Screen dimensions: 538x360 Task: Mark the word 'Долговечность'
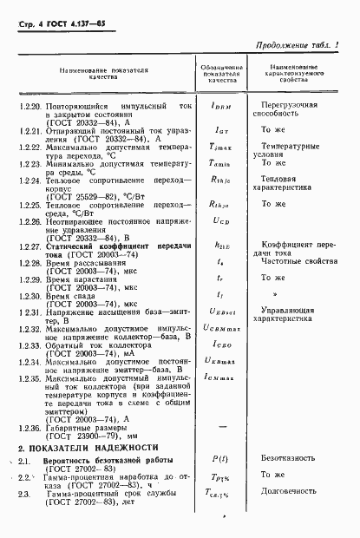(298, 516)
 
